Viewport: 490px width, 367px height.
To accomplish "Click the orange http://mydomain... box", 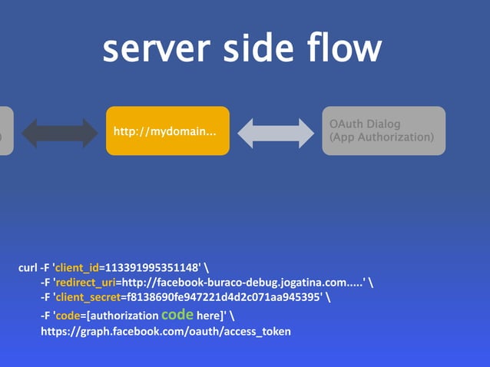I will tap(167, 131).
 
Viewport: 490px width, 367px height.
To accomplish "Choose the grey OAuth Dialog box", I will tap(382, 131).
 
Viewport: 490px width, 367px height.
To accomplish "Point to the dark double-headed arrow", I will tap(61, 131).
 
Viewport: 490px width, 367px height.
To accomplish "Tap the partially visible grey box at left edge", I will tap(6, 131).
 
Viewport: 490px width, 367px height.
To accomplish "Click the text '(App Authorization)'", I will tap(382, 138).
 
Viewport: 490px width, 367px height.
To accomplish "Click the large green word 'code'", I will tap(177, 313).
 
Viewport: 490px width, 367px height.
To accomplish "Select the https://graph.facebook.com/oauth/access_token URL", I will tap(166, 331).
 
